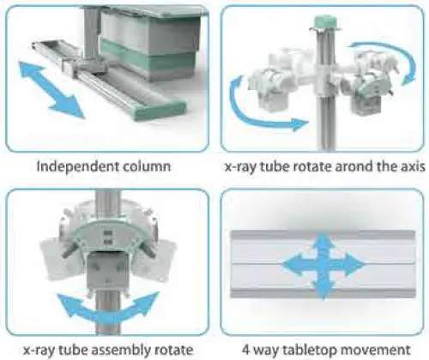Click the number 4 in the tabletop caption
tap(246, 350)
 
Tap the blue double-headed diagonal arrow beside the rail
tap(51, 89)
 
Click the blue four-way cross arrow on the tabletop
tap(323, 265)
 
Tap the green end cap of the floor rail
tap(160, 111)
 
